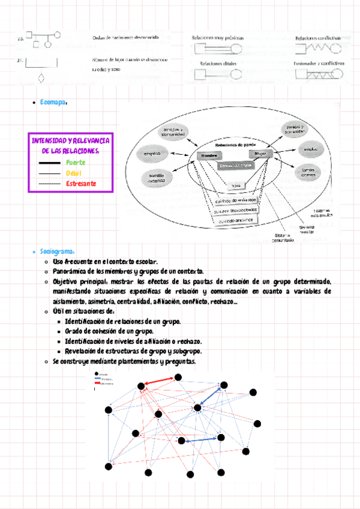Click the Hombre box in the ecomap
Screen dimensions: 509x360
[207, 156]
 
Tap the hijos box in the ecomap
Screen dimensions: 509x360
[235, 185]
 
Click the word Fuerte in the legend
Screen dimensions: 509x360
[76, 163]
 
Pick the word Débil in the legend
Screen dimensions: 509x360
[74, 173]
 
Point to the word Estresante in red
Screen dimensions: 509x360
[81, 183]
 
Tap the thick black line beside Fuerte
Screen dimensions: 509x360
[48, 163]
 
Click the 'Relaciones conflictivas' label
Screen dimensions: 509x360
[317, 38]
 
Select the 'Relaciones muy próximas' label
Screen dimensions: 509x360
[218, 38]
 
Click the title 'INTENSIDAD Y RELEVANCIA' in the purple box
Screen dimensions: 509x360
[70, 140]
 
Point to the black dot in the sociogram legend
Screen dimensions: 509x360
[97, 375]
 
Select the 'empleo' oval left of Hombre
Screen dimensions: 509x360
[151, 154]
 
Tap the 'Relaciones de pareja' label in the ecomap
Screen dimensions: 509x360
[233, 145]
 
